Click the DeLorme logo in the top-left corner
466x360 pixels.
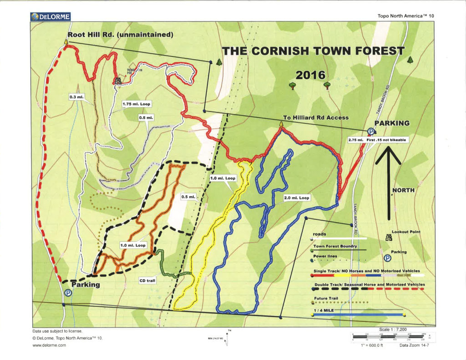click(51, 17)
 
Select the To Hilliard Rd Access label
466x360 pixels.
click(316, 117)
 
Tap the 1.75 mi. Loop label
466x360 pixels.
click(136, 104)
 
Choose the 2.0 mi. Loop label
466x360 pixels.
click(297, 198)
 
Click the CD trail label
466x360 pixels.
click(147, 281)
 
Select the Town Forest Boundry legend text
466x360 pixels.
click(334, 246)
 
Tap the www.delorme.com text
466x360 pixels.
click(50, 345)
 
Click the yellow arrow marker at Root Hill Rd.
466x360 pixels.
click(66, 42)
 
